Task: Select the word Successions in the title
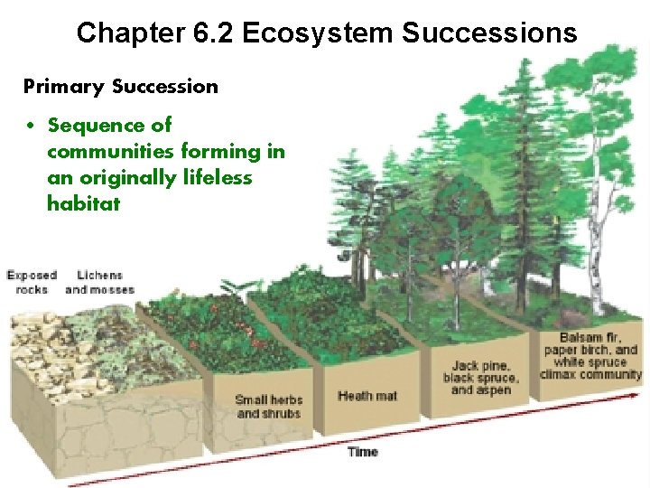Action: point(488,33)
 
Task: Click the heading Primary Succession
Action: point(120,87)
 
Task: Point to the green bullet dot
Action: point(30,126)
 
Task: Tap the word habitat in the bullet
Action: point(83,203)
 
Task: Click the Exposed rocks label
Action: point(32,282)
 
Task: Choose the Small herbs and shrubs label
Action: point(268,407)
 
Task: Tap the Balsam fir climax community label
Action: point(590,356)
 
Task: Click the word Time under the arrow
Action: point(362,452)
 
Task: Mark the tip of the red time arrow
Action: point(642,393)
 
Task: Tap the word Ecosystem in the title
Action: point(319,33)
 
